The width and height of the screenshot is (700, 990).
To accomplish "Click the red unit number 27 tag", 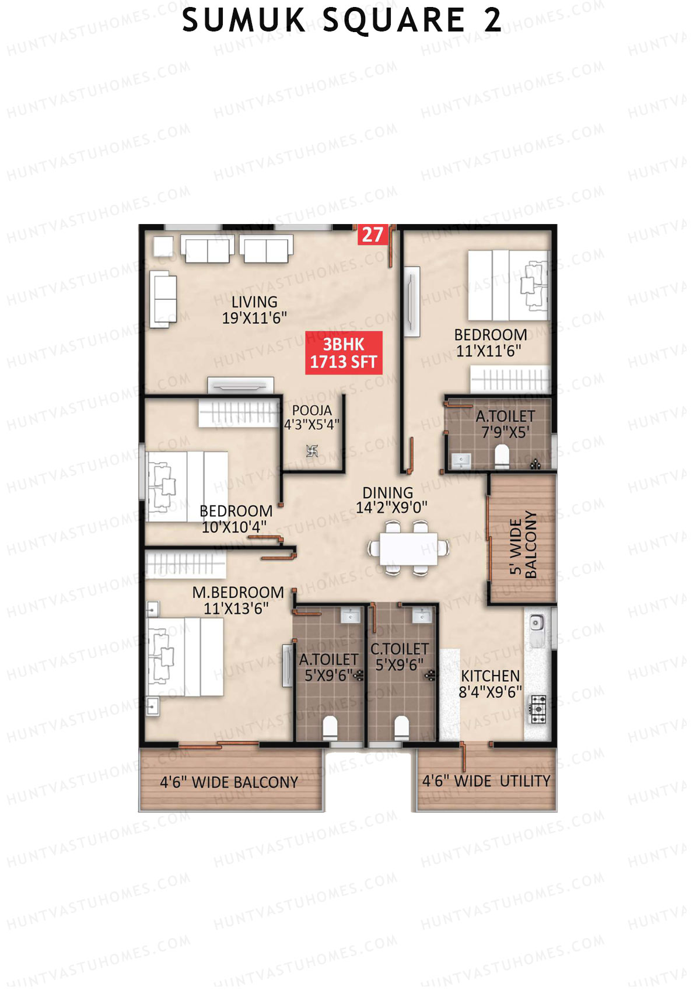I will pos(372,235).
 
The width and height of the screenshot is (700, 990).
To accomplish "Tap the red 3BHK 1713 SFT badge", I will pos(344,353).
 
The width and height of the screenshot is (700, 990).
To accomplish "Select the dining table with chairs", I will pos(408,549).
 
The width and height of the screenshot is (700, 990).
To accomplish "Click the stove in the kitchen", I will pos(537,709).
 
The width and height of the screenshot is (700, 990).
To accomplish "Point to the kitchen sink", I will pos(536,624).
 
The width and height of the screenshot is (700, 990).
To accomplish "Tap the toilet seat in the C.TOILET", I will pos(401,726).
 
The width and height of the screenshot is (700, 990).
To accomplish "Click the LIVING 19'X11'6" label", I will pos(254,310).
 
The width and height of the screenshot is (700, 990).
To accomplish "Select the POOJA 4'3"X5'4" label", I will pos(311,418).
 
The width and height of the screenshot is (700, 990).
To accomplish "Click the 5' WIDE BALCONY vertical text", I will pos(523,544).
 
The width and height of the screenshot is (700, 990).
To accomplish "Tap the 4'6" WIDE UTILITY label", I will pos(486,781).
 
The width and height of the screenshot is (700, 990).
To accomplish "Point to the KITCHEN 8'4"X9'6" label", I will pos(490,684).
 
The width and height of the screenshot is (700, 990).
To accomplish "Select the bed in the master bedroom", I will pos(185,657).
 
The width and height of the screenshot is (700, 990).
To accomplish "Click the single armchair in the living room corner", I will pos(163,246).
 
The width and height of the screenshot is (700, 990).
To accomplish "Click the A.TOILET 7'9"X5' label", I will pos(505,424).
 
